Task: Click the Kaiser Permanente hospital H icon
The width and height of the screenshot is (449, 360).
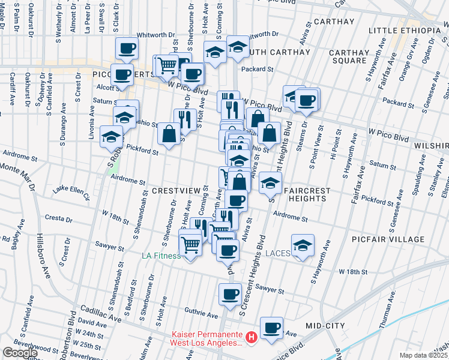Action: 252,338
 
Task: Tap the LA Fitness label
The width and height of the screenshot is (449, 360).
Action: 161,256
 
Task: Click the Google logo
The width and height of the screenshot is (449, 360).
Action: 20,353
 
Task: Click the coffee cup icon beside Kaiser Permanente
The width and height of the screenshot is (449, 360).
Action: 272,328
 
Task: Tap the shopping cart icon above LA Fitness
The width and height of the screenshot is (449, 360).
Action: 191,244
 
